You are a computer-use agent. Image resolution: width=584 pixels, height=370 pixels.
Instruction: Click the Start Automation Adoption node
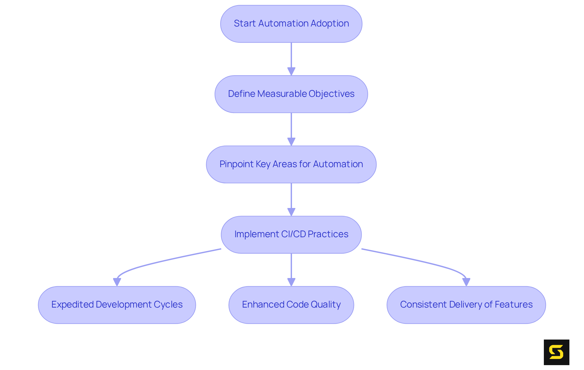click(291, 24)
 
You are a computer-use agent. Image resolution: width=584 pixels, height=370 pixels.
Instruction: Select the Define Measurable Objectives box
click(291, 94)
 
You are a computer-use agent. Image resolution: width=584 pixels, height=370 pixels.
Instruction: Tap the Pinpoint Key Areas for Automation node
click(291, 164)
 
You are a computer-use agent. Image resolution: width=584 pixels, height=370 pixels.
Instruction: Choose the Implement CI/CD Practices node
click(291, 234)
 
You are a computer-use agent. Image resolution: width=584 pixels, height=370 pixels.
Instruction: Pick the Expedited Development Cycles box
click(117, 305)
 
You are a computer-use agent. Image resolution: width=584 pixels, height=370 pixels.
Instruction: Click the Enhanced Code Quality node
click(291, 305)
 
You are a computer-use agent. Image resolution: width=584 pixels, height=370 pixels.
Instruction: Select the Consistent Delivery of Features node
click(466, 305)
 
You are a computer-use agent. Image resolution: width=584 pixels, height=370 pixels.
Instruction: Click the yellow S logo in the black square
click(556, 352)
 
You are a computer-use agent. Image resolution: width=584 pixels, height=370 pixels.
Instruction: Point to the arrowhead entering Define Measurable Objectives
click(291, 72)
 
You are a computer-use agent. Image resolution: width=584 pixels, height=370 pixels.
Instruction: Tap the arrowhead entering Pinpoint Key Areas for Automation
click(291, 142)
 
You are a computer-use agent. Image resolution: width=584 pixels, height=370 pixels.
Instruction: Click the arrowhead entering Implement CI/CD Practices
click(291, 212)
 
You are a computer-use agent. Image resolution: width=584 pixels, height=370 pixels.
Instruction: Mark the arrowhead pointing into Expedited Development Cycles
click(117, 282)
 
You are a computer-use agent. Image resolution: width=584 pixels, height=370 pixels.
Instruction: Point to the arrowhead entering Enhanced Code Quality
click(291, 282)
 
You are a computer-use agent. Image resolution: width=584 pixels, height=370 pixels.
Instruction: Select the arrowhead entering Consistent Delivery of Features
click(466, 282)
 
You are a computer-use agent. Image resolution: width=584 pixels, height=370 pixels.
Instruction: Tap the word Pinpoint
click(236, 164)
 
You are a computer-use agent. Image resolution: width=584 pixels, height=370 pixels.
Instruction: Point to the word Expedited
click(72, 305)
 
